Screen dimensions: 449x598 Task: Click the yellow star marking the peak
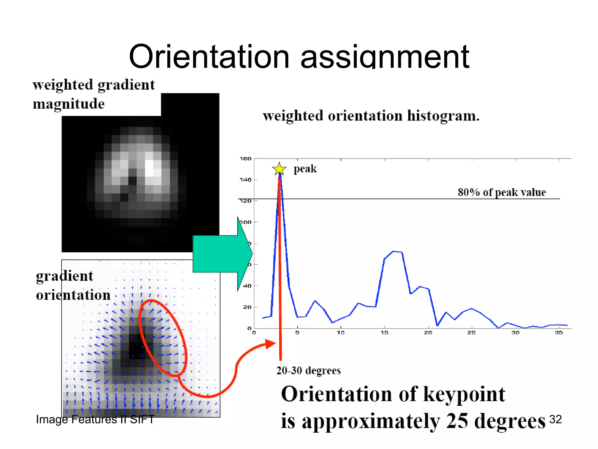[x=279, y=169]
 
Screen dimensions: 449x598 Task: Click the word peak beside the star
[x=305, y=169]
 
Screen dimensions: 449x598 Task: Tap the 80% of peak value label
[x=501, y=192]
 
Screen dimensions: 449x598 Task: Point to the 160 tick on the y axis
[x=246, y=159]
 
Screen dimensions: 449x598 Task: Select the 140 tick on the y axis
[x=246, y=180]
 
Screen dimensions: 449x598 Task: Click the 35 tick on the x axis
[x=559, y=333]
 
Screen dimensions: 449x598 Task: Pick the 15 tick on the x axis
[x=384, y=333]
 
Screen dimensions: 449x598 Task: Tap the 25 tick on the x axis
[x=471, y=333]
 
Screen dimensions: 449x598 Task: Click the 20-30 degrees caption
[x=308, y=371]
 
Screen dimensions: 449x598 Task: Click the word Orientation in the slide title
[x=209, y=57]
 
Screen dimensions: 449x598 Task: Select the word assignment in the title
[x=385, y=57]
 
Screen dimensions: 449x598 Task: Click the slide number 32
[x=555, y=419]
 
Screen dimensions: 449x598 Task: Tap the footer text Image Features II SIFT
[x=95, y=419]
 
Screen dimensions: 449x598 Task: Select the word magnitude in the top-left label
[x=69, y=104]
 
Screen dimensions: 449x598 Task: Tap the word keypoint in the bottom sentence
[x=464, y=394]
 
